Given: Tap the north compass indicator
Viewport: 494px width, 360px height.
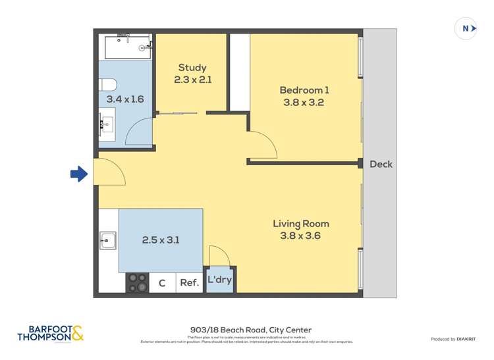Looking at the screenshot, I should [466, 28].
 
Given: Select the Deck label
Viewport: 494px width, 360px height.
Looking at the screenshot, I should [380, 164].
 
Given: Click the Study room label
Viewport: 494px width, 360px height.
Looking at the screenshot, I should [192, 67].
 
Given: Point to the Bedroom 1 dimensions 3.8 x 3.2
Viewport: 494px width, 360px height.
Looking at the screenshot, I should [303, 103].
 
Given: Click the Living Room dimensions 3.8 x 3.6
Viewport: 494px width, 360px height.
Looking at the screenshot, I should [300, 236].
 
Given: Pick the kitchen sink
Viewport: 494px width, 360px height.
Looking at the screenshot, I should [108, 242].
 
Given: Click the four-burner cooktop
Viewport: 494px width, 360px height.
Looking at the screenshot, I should [138, 282].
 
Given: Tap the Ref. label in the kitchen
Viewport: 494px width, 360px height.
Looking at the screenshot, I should [189, 283].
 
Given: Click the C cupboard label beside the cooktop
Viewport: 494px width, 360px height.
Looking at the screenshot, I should [162, 283].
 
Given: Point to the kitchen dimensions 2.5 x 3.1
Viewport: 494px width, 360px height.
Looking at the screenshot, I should [161, 240].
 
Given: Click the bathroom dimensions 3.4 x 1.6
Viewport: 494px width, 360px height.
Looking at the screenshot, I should [125, 99].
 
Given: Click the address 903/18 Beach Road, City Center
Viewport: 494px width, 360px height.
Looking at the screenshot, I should [247, 330].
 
